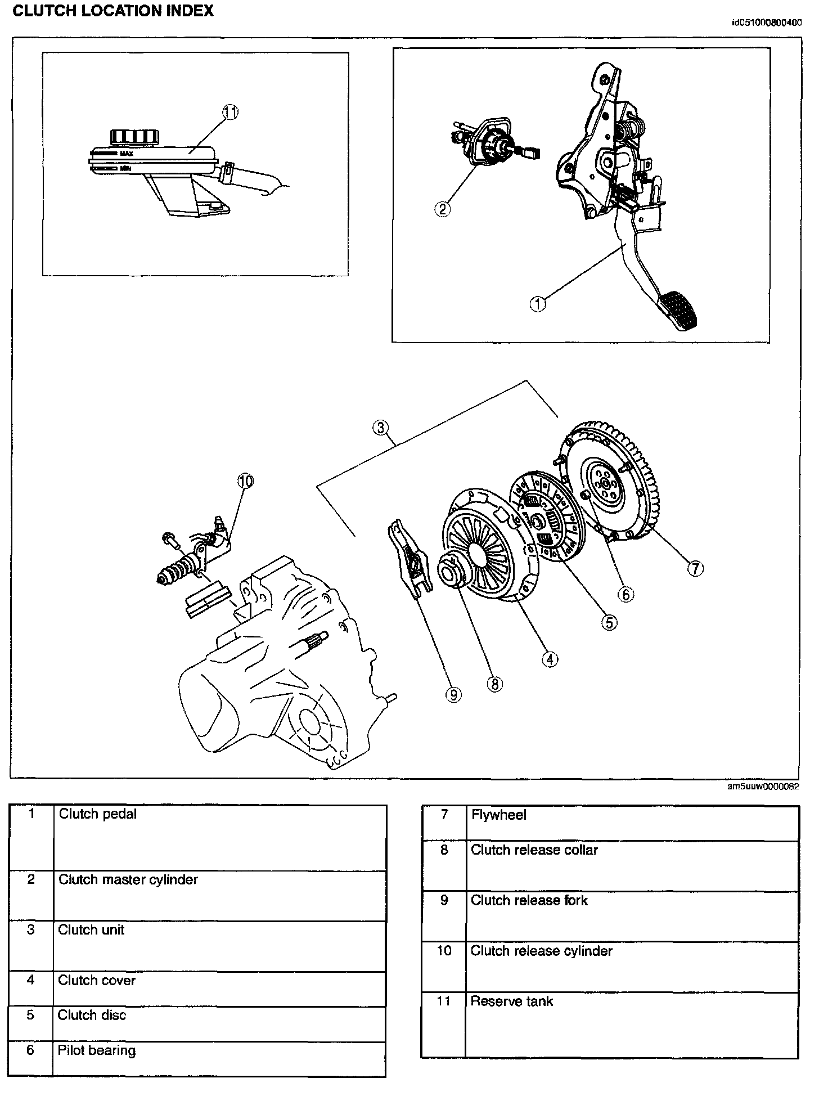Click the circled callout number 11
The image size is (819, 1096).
tap(230, 113)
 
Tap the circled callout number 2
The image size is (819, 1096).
tap(443, 209)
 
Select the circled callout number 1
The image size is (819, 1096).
tap(538, 304)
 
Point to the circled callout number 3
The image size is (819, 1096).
tap(381, 428)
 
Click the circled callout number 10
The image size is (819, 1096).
tap(245, 481)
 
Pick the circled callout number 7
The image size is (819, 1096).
tap(695, 569)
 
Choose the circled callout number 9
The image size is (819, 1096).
tap(453, 695)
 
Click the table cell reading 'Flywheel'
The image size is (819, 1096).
tap(499, 815)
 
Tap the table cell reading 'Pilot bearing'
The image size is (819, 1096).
tap(96, 1050)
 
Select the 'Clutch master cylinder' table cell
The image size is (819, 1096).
tap(128, 880)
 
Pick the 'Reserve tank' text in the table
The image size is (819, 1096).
tap(511, 1001)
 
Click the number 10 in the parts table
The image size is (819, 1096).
tap(444, 951)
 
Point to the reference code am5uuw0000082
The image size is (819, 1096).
tap(763, 787)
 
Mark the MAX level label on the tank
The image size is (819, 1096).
tap(126, 153)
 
